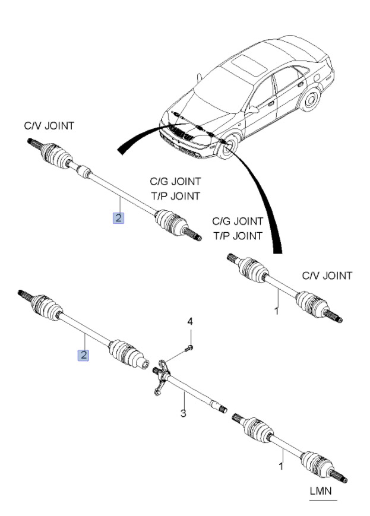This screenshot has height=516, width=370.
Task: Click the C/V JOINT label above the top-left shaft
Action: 49,126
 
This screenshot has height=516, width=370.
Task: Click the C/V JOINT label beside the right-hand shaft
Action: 327,276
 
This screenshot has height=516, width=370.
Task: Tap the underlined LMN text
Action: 321,491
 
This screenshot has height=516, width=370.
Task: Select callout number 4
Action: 190,322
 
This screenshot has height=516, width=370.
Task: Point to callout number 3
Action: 184,413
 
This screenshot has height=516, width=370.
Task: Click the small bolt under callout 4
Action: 189,347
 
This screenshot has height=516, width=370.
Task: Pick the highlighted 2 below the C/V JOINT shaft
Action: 119,218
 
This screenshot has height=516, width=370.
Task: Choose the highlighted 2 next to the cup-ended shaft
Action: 84,356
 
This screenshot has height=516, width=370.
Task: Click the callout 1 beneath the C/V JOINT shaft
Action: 277,311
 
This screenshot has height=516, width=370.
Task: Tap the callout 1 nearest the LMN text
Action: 281,466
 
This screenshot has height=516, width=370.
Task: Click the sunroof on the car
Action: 249,65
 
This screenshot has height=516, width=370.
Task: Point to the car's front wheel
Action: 227,147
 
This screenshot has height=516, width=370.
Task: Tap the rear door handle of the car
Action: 301,84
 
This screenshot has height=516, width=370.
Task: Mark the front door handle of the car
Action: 271,103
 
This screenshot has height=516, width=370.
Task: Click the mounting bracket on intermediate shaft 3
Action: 161,376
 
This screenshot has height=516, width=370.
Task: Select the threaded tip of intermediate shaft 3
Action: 223,410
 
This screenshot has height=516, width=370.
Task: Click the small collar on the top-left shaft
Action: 84,172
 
